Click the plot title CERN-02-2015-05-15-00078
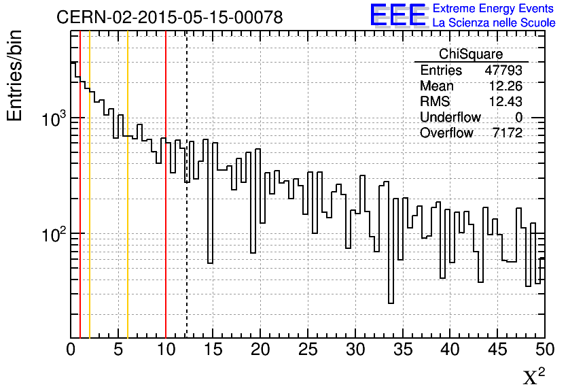[x=170, y=17]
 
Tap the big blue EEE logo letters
[x=399, y=15]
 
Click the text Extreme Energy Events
[x=493, y=9]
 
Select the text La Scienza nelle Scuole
[x=493, y=22]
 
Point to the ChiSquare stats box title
[x=471, y=54]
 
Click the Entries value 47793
[x=503, y=71]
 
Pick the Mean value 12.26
[x=505, y=86]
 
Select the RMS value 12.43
[x=505, y=102]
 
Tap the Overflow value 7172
[x=507, y=133]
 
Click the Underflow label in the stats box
[x=450, y=118]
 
